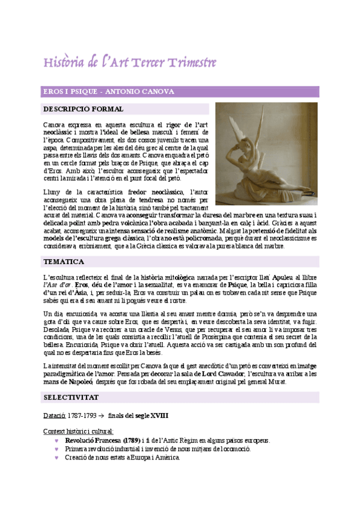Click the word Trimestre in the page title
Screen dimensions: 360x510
(x=191, y=63)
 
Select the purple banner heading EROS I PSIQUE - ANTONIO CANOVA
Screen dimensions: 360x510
(x=108, y=91)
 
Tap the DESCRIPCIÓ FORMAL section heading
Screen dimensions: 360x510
(x=84, y=109)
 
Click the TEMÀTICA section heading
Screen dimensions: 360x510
(x=64, y=262)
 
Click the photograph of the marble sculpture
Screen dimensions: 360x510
(x=266, y=154)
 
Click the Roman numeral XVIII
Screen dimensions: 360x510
(x=158, y=416)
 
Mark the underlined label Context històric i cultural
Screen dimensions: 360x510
(x=78, y=431)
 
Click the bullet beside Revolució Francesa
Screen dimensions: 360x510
(x=56, y=440)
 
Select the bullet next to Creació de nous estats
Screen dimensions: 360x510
(x=56, y=457)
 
